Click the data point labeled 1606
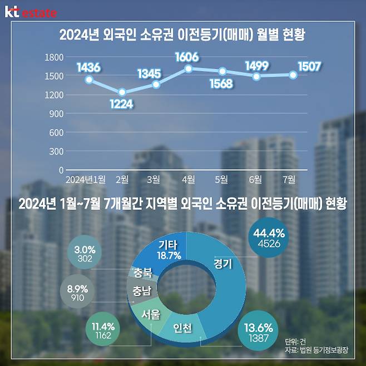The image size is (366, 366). (189, 69)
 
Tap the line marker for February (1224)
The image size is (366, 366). (122, 92)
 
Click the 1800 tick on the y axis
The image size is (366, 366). (55, 57)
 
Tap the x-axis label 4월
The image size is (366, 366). (188, 179)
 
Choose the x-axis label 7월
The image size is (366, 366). (290, 179)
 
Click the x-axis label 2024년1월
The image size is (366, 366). (85, 179)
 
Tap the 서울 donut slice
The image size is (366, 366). (150, 314)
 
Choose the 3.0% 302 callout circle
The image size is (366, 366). (85, 254)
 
